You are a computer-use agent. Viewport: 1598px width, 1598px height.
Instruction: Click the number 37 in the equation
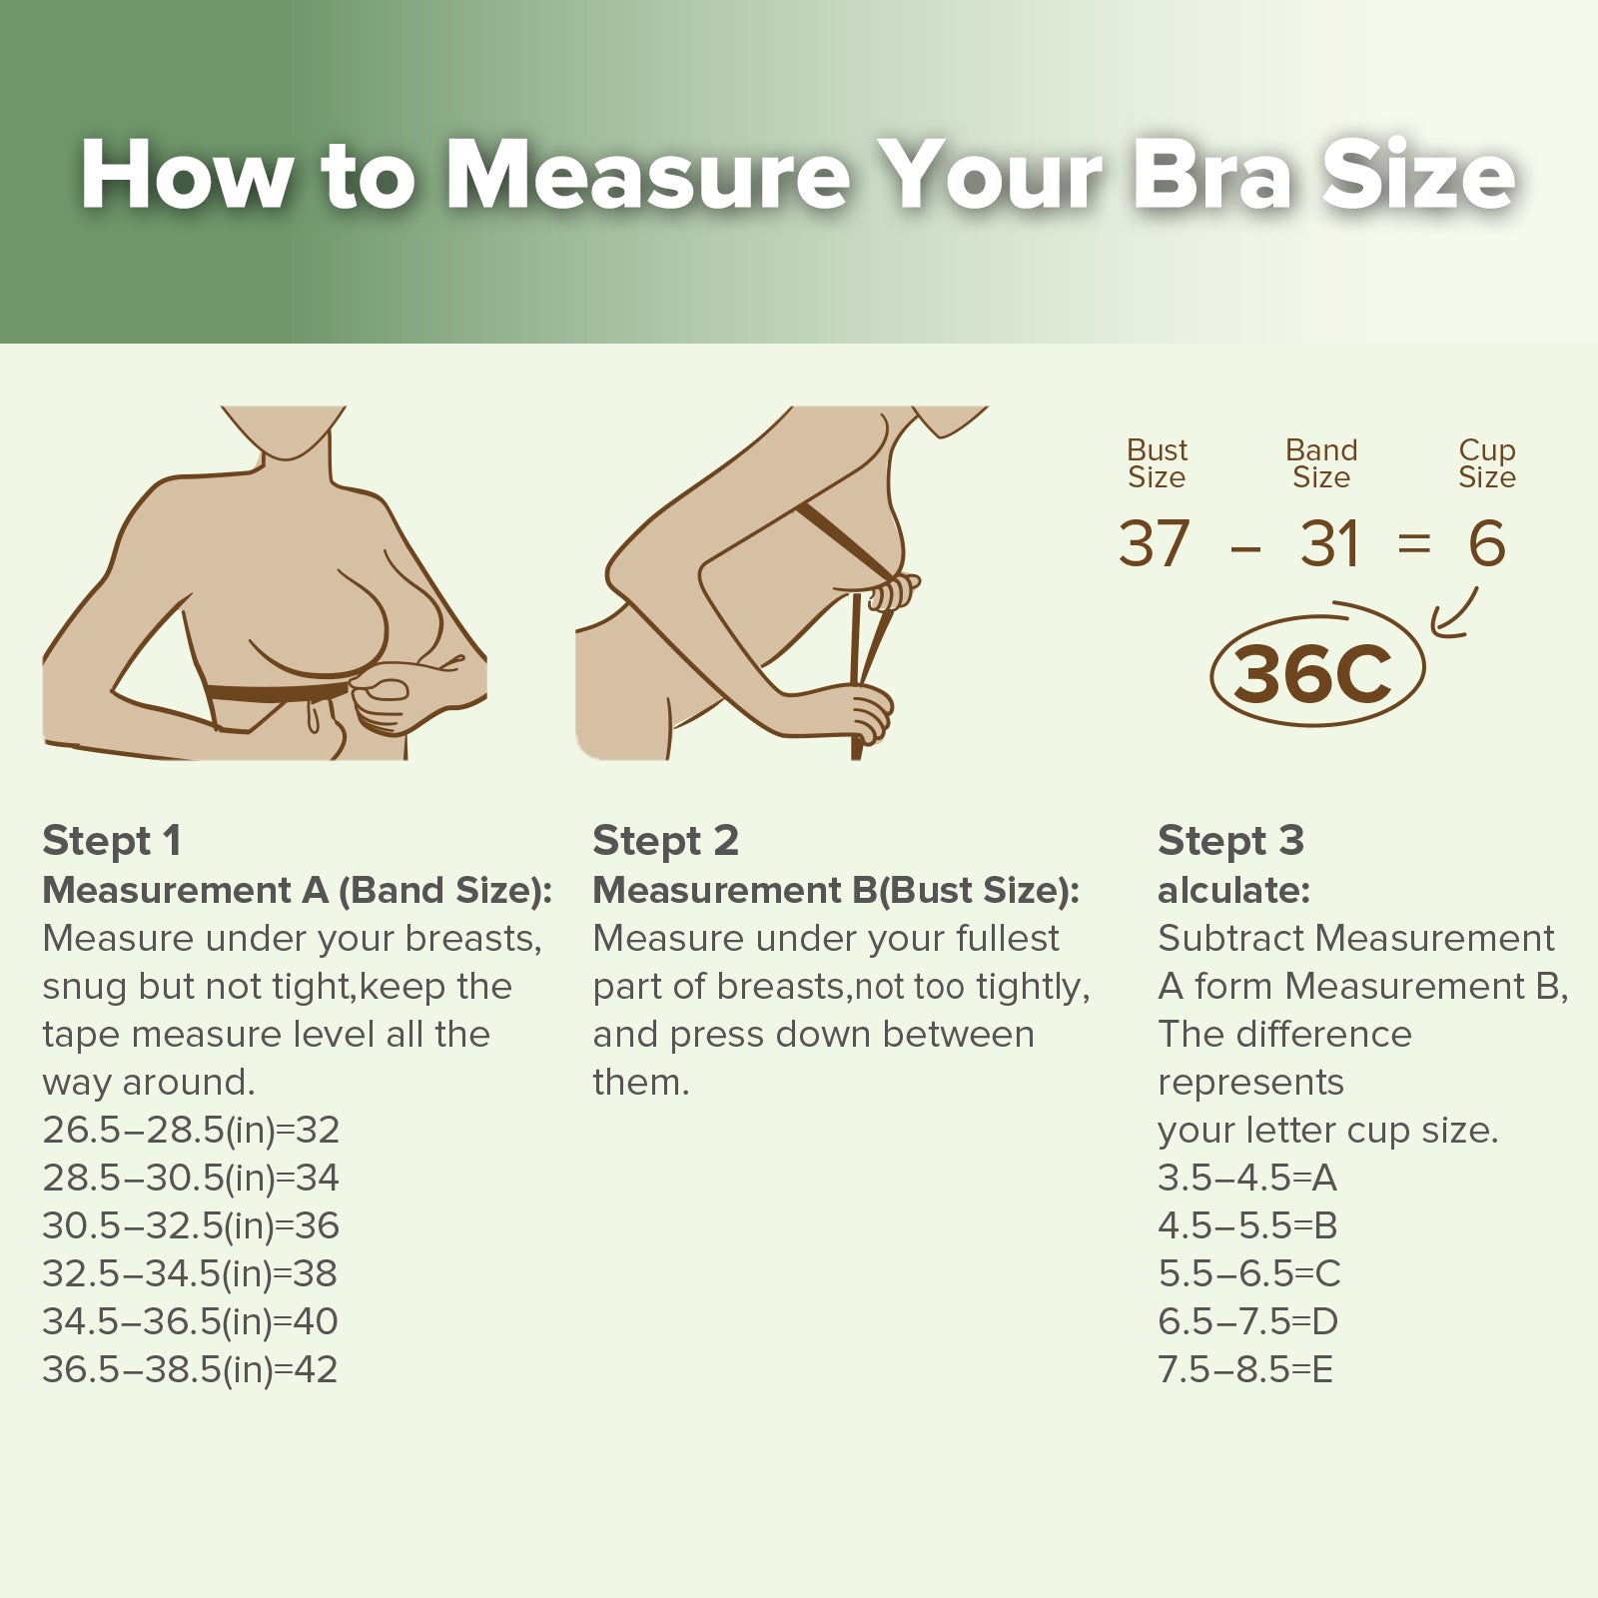[x=1155, y=544]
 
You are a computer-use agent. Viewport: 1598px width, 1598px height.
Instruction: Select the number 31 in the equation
[x=1329, y=544]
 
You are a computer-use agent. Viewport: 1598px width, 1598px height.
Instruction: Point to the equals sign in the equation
[x=1414, y=544]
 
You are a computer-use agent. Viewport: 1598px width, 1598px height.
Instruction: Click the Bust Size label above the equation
[x=1157, y=463]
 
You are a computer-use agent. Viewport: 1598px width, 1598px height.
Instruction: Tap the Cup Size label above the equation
[x=1487, y=463]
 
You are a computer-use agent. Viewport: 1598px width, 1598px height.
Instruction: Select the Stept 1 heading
[x=112, y=842]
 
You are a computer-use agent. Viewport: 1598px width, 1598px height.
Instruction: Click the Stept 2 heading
[x=665, y=842]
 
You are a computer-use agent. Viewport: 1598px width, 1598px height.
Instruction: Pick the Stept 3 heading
[x=1230, y=842]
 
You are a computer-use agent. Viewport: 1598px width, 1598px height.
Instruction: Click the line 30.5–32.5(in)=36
[x=191, y=1225]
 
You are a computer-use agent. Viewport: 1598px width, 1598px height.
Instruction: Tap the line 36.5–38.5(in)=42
[x=190, y=1369]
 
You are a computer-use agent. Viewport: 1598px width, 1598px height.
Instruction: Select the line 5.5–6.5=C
[x=1248, y=1273]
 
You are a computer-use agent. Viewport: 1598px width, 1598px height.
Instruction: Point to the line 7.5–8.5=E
[x=1245, y=1369]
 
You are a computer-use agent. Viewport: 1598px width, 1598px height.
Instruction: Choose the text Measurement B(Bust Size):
[x=836, y=890]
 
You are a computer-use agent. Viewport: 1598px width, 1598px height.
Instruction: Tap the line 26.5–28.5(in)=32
[x=191, y=1130]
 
